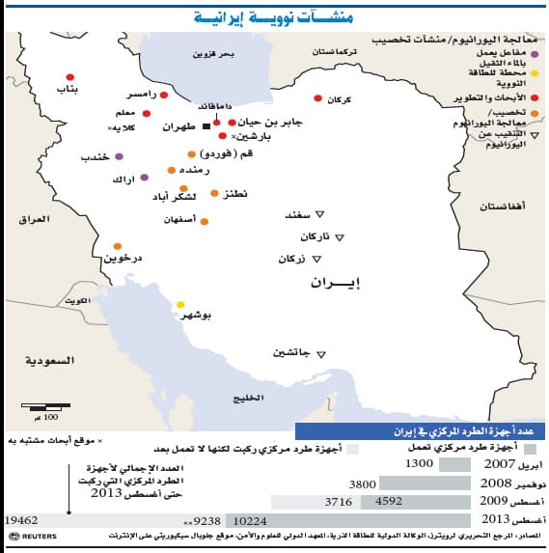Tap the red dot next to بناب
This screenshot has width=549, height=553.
70,77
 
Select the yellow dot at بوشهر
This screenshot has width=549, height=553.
179,305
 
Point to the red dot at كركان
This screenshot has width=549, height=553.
317,98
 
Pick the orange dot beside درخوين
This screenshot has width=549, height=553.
118,246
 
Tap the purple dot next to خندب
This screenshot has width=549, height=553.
120,156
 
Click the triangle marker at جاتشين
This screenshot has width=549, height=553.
321,352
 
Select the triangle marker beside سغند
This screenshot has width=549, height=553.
323,214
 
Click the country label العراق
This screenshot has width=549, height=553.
33,219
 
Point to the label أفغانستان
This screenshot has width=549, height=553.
503,207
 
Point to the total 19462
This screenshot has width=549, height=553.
21,518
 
